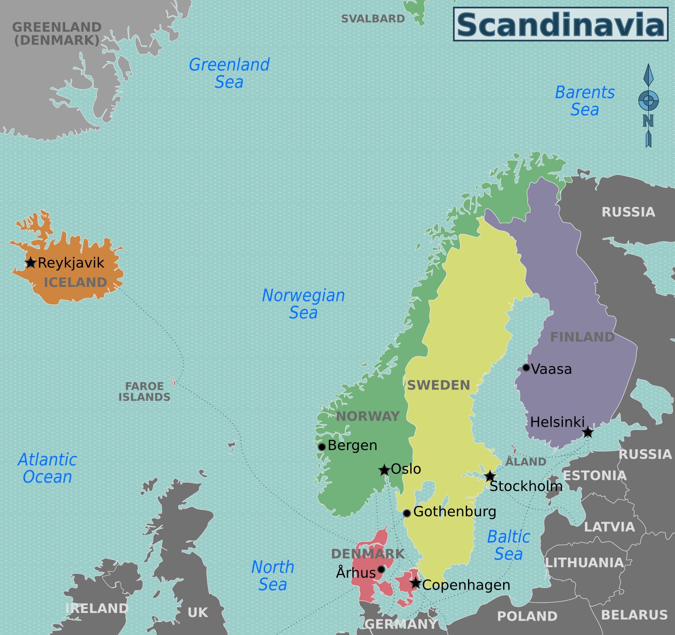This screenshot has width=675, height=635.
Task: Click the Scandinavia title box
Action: click(x=560, y=25)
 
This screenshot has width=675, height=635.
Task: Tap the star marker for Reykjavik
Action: click(x=30, y=263)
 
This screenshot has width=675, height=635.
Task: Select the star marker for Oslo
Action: click(x=384, y=470)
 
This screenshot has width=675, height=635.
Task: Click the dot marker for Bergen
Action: click(x=322, y=447)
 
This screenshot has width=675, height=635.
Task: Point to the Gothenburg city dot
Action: click(x=407, y=513)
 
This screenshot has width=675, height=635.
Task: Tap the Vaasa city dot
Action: click(x=526, y=368)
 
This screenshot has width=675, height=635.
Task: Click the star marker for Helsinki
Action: click(x=588, y=433)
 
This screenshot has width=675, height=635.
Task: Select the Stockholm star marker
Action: click(x=490, y=476)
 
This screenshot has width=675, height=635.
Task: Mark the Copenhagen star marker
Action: click(x=415, y=584)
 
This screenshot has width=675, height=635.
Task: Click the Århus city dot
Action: click(x=381, y=569)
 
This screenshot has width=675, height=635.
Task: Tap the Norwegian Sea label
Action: click(x=303, y=304)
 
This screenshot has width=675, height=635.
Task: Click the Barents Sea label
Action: click(x=585, y=101)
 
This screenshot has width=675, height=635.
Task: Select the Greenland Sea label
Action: click(x=229, y=73)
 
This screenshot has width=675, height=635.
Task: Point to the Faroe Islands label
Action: click(x=144, y=392)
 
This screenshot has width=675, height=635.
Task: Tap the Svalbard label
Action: click(x=373, y=19)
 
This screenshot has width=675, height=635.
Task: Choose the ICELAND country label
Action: click(x=75, y=282)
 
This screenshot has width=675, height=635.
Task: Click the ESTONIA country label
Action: click(x=594, y=476)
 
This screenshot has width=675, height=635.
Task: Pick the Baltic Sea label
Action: click(x=508, y=546)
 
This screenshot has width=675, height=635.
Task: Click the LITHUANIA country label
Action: click(x=584, y=563)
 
